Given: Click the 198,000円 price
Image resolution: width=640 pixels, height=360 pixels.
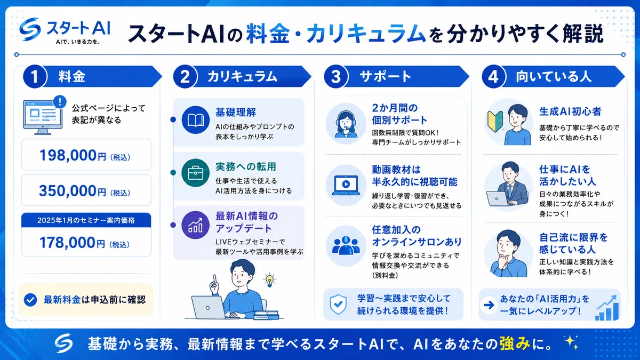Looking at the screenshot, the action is point(85,156).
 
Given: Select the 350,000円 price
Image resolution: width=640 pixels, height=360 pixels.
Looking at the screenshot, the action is point(85,191).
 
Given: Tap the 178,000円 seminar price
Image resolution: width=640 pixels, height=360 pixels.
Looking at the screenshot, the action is point(85,243).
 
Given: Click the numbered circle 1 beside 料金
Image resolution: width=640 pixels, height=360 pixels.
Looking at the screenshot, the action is point(35,77).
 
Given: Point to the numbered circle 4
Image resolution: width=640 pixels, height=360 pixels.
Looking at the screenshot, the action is point(494,77).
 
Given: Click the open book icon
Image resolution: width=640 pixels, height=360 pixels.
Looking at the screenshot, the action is point(196,120).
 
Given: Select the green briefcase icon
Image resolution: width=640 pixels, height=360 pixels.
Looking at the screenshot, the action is point(196,173).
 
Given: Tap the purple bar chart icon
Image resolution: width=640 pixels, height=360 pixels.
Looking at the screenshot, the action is point(196,225).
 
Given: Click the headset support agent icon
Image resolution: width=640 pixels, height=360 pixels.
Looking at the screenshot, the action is point(346,124).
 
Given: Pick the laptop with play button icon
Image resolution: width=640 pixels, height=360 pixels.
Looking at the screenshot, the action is point(346,185).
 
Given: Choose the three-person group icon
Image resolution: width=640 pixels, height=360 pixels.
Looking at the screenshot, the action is point(346,245).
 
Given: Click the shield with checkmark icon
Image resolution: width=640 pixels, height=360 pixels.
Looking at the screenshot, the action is point(338,305).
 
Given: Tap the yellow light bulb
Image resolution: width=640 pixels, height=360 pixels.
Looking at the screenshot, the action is point(269,281).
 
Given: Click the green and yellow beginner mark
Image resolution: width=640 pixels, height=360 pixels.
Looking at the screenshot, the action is point(495,122).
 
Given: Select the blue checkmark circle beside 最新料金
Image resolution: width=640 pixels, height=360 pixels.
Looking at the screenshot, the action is point(30,300).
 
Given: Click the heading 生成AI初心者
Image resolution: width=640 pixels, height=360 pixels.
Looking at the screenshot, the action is point(570,111).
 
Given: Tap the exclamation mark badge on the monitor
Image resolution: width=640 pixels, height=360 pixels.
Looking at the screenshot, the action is point(60,102).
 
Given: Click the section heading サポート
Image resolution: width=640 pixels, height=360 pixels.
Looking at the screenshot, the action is point(385,77).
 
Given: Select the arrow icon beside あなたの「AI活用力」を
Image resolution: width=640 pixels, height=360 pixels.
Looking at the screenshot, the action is point(489,305).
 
